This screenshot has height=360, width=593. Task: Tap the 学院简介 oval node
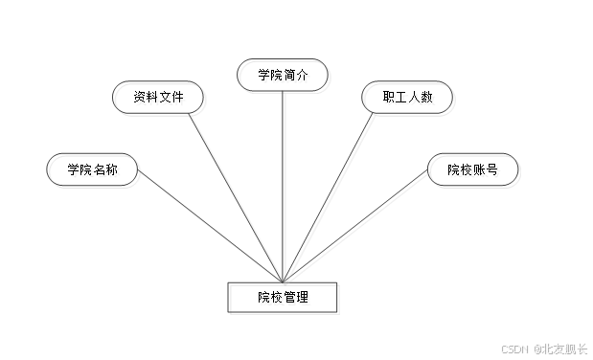(285, 78)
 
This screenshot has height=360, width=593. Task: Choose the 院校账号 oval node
(473, 171)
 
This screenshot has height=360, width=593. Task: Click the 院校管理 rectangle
(285, 299)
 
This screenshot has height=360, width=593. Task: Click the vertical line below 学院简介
(285, 182)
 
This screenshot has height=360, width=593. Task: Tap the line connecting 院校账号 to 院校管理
(364, 231)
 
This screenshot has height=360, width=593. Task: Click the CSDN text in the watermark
(515, 349)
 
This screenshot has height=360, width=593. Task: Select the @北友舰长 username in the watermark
(559, 349)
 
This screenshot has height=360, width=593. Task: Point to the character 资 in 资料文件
(142, 99)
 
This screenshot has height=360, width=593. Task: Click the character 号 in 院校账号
(491, 171)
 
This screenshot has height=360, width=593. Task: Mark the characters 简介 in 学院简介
(297, 78)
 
